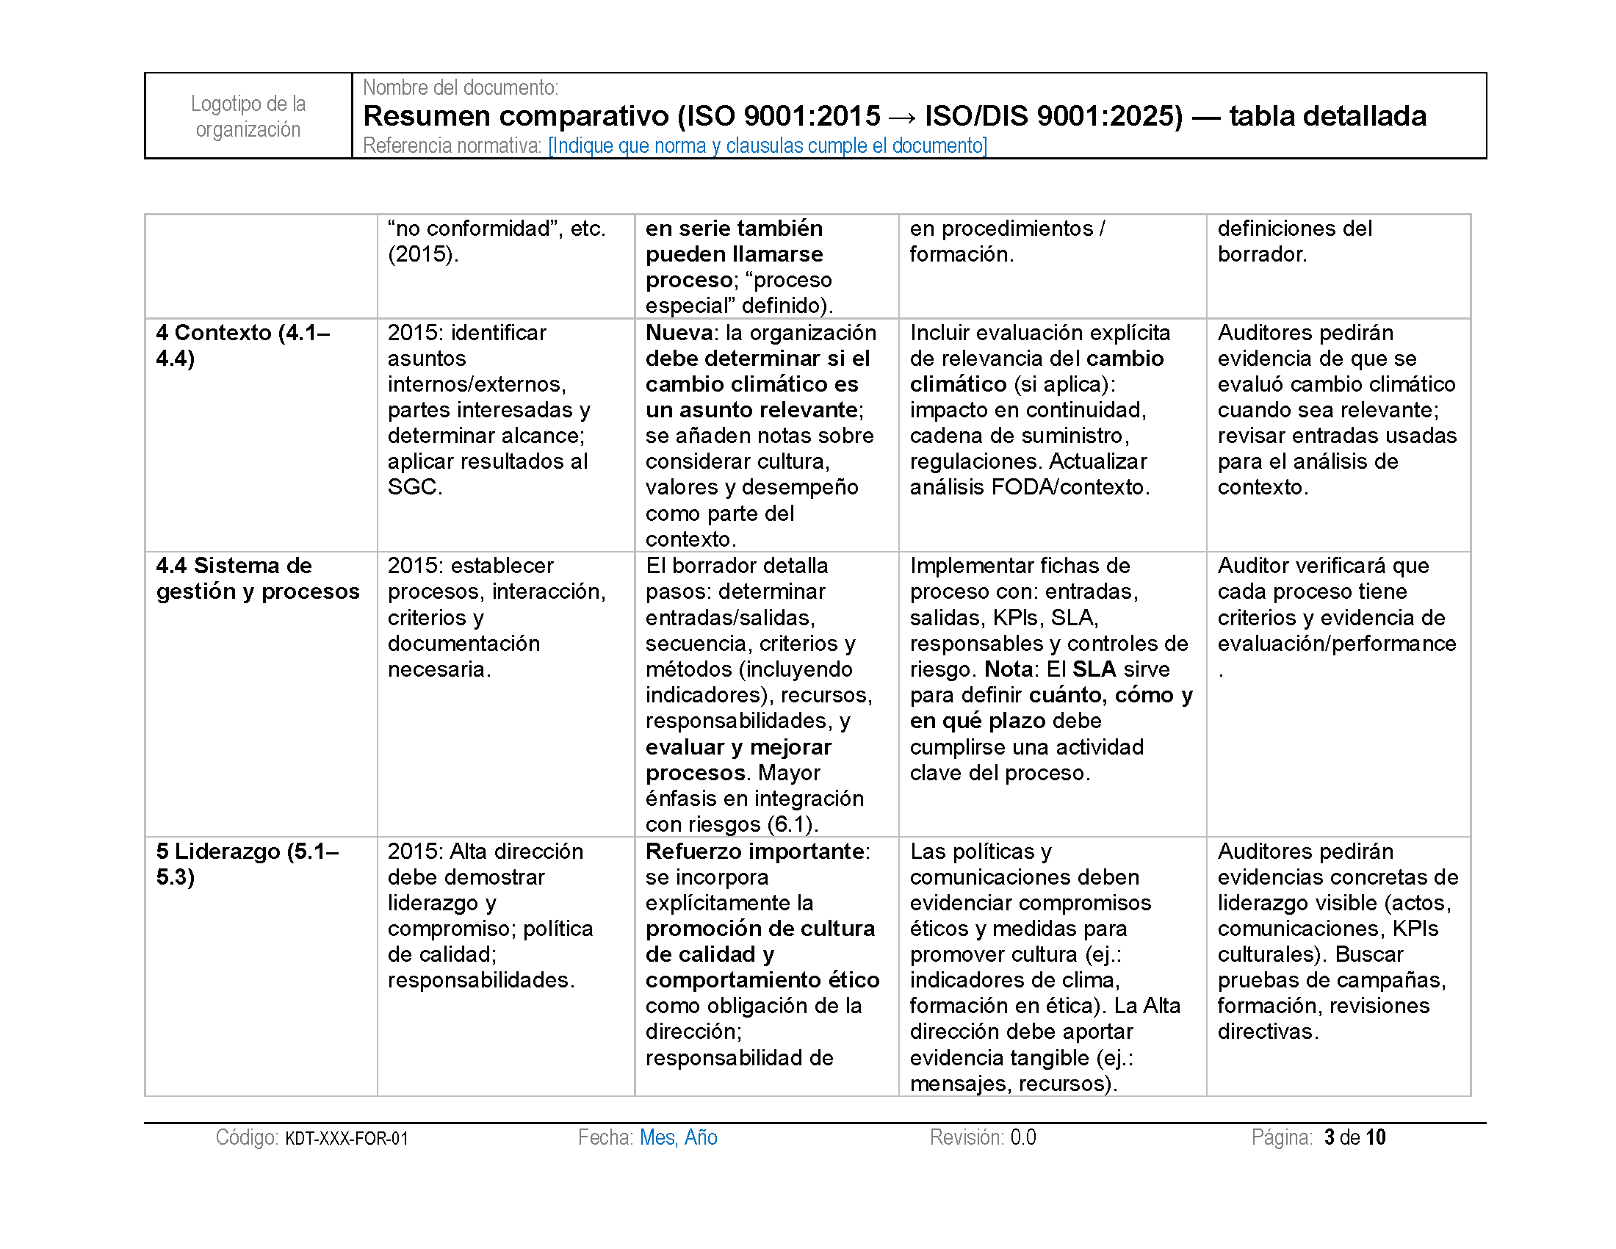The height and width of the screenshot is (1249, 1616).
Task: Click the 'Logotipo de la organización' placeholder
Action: [248, 116]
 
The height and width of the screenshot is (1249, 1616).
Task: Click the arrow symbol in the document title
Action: [902, 117]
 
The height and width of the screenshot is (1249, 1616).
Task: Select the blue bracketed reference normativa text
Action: [768, 145]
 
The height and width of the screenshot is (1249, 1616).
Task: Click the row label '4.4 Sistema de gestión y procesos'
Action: [258, 579]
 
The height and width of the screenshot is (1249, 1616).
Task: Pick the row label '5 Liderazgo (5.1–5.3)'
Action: [247, 863]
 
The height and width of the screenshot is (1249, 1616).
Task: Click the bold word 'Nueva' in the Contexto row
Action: [679, 333]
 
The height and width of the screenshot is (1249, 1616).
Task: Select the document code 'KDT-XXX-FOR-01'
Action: [346, 1138]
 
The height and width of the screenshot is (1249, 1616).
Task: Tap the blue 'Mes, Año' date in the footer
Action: [679, 1137]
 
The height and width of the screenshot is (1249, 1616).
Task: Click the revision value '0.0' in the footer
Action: [1023, 1137]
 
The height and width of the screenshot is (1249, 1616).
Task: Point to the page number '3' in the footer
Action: [1329, 1137]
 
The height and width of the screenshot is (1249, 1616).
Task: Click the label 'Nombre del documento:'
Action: [461, 87]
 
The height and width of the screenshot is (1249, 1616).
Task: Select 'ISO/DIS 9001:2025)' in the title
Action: [1053, 116]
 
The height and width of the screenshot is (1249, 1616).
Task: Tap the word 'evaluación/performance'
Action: [1336, 643]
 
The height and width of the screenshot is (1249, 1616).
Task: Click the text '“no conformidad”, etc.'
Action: [497, 228]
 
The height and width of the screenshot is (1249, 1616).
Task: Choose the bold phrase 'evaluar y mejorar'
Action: [737, 746]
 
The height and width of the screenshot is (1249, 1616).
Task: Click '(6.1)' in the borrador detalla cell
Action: [792, 824]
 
